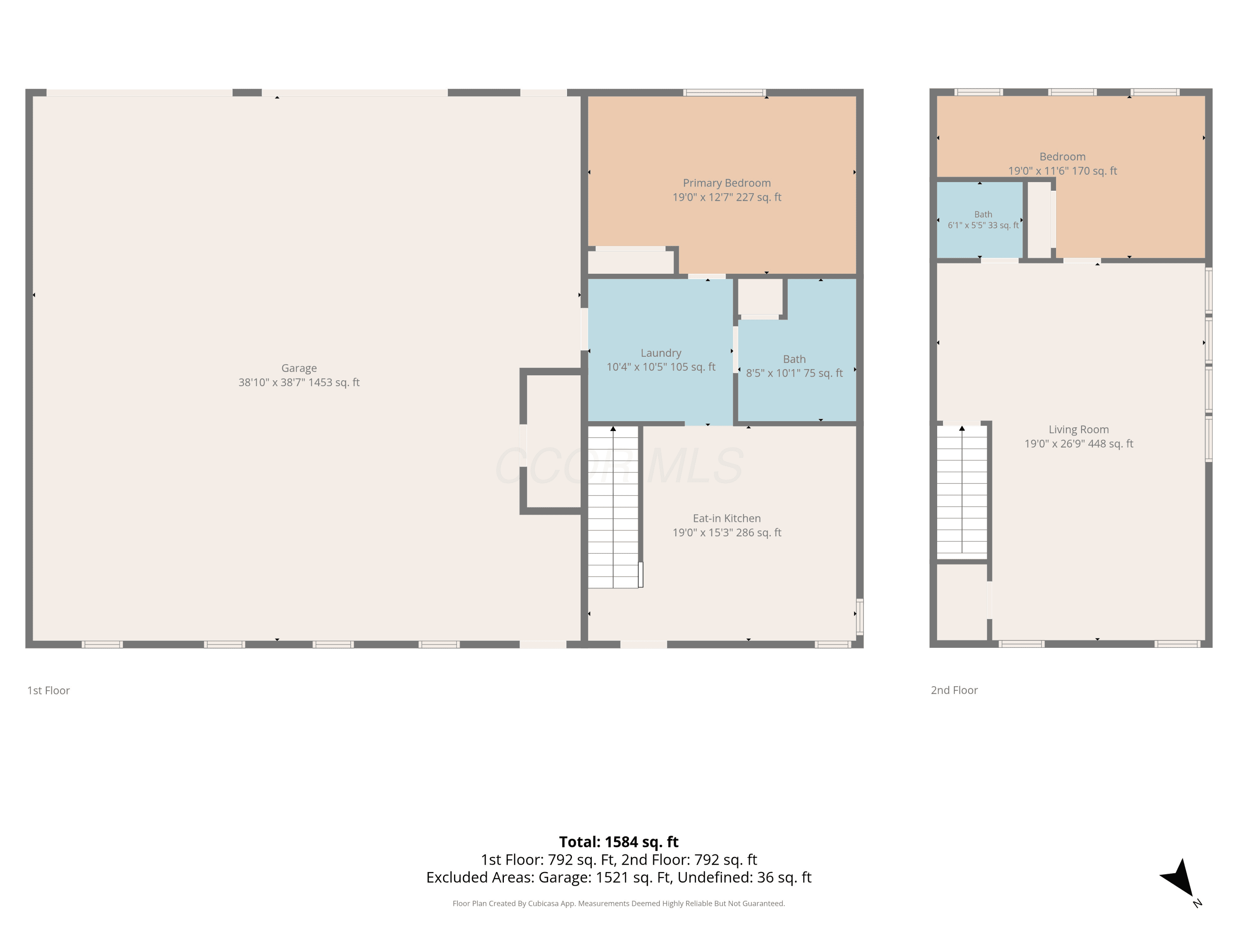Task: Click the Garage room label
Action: tap(299, 368)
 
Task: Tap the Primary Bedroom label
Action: tap(726, 183)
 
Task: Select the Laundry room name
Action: tap(661, 353)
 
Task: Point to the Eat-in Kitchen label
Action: tap(726, 519)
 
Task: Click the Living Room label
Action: tap(1078, 429)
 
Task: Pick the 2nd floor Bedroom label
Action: tap(1062, 157)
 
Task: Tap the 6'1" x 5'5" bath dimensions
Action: tap(983, 225)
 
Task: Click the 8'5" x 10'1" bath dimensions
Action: tap(794, 373)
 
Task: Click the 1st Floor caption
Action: tap(49, 690)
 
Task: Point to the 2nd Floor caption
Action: tap(954, 690)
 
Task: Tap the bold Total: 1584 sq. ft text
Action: tap(619, 842)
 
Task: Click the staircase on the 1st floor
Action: tap(613, 507)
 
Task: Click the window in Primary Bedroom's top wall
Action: tap(724, 92)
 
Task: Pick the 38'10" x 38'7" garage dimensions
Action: tap(299, 382)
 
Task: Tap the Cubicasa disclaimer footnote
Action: tap(619, 903)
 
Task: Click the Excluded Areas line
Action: tap(619, 877)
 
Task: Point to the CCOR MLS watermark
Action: tap(619, 466)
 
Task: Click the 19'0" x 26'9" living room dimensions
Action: tap(1078, 444)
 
